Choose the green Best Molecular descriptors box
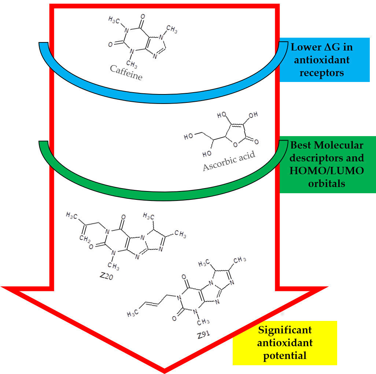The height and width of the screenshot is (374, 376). (x=327, y=164)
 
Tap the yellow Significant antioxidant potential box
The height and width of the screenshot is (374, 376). (x=285, y=343)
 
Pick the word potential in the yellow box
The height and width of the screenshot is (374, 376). (x=285, y=355)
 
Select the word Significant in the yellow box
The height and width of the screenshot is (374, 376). (x=285, y=330)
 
